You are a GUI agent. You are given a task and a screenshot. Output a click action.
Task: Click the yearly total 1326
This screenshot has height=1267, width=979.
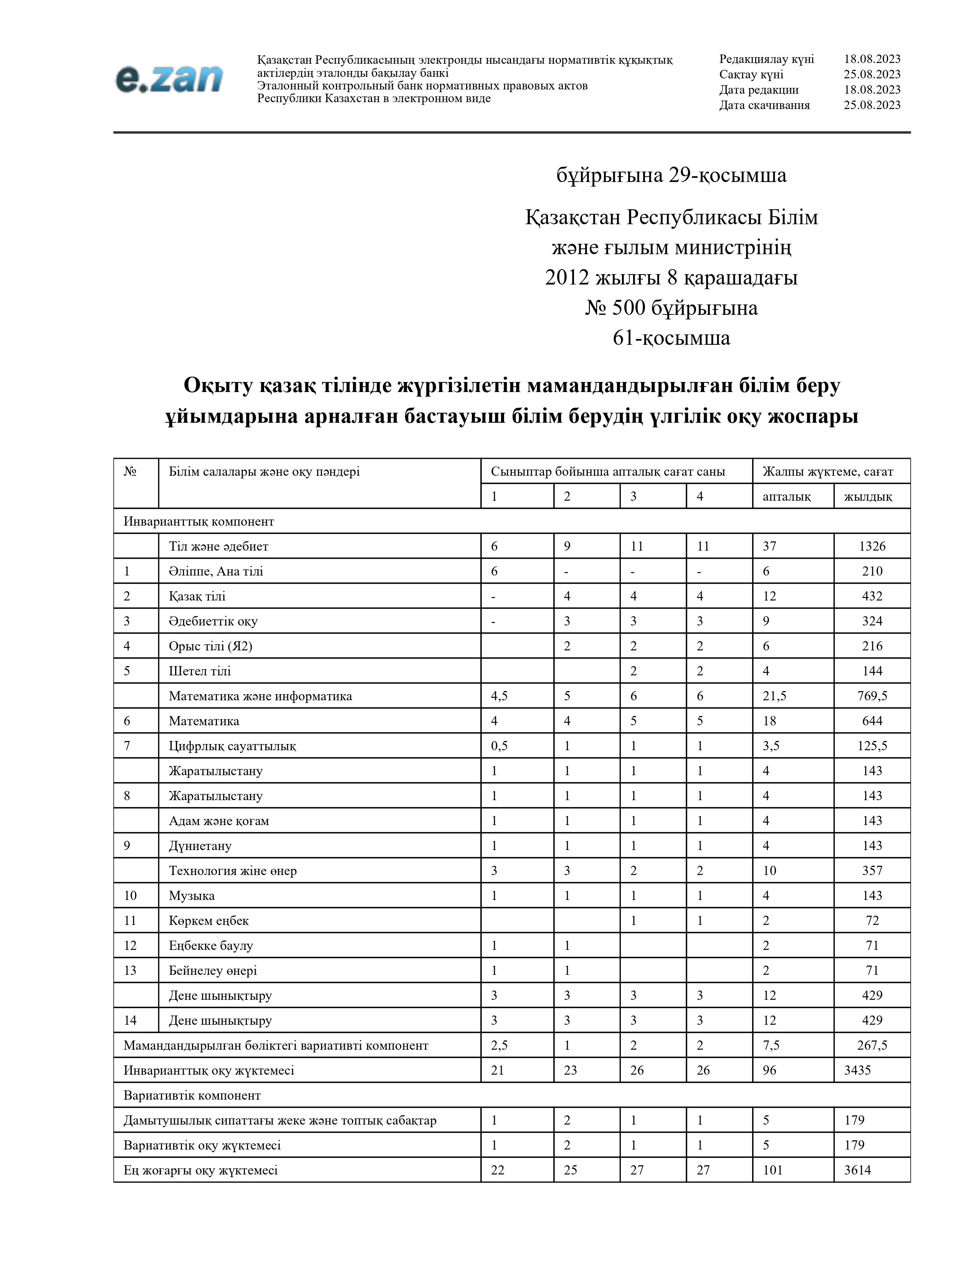click(x=872, y=546)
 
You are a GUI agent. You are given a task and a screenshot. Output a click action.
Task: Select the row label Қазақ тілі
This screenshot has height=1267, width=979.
click(x=197, y=596)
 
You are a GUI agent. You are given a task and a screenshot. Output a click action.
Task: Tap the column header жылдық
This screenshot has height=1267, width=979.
click(x=868, y=496)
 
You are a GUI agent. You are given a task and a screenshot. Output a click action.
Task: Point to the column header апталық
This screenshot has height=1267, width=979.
click(x=786, y=496)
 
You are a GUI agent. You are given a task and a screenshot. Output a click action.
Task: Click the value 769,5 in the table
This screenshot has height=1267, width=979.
click(x=872, y=696)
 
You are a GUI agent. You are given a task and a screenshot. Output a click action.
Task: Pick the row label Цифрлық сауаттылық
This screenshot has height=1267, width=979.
click(x=232, y=746)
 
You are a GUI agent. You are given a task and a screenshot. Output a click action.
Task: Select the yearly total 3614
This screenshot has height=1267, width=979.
click(x=857, y=1169)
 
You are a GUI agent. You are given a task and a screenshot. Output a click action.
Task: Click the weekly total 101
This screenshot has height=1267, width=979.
click(x=772, y=1169)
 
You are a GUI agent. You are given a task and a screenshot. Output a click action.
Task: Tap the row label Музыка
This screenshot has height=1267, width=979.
click(x=192, y=895)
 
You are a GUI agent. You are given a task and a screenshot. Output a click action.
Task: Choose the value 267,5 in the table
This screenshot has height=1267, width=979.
click(x=872, y=1045)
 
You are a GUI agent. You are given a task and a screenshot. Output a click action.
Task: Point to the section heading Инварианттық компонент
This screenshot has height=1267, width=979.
click(x=198, y=521)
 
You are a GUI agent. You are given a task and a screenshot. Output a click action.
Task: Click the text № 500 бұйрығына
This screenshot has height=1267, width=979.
click(x=671, y=308)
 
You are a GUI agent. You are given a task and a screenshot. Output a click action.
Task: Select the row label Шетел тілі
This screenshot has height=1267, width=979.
click(x=200, y=671)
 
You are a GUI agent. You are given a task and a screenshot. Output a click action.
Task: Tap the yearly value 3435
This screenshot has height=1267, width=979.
click(x=857, y=1070)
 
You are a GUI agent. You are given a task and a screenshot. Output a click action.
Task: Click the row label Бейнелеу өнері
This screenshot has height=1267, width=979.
click(x=212, y=970)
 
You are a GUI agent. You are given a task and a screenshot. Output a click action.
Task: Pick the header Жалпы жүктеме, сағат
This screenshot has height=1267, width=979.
click(x=828, y=471)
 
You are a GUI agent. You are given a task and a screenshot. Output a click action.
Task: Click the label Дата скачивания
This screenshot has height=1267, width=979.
click(x=764, y=105)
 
